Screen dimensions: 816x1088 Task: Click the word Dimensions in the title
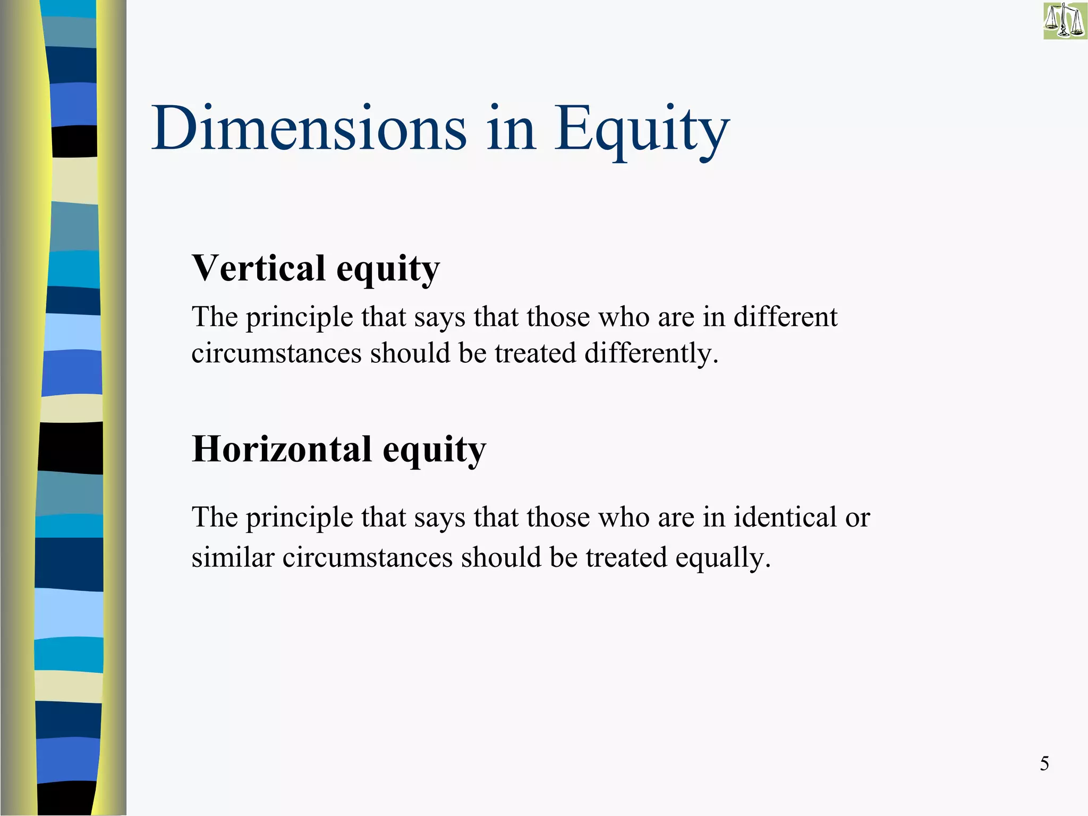point(309,129)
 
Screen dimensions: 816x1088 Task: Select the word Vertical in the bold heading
point(258,268)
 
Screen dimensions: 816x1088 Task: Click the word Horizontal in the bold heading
point(282,449)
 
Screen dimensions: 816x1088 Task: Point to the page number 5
point(1044,763)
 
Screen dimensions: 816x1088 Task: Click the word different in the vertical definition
point(785,317)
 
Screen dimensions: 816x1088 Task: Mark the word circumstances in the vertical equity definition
point(276,353)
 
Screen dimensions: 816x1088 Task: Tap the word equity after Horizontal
point(434,450)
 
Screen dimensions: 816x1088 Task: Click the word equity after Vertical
point(388,269)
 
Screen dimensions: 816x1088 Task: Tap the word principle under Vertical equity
point(299,317)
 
